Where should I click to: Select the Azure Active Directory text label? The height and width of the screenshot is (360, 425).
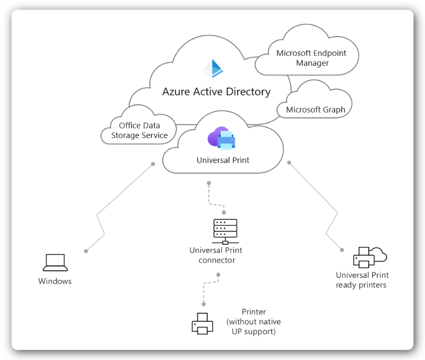pyautogui.click(x=216, y=92)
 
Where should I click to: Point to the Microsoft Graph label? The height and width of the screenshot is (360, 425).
pyautogui.click(x=316, y=110)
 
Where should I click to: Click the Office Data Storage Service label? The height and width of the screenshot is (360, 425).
pyautogui.click(x=139, y=131)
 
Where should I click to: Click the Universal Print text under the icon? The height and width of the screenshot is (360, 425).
pyautogui.click(x=223, y=160)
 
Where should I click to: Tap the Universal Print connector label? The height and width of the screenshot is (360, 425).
pyautogui.click(x=216, y=255)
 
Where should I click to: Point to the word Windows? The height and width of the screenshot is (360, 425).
pyautogui.click(x=55, y=281)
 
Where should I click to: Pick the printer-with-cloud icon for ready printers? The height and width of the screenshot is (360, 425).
pyautogui.click(x=369, y=257)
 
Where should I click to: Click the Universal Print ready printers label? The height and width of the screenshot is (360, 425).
pyautogui.click(x=362, y=280)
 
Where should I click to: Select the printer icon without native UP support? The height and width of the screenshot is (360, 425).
pyautogui.click(x=202, y=323)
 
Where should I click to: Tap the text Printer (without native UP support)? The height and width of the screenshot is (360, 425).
pyautogui.click(x=253, y=322)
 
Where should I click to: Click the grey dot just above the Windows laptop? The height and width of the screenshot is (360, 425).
pyautogui.click(x=86, y=250)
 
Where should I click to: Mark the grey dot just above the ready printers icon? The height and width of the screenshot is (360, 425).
pyautogui.click(x=342, y=248)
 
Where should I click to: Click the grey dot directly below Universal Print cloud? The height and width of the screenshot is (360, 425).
pyautogui.click(x=209, y=183)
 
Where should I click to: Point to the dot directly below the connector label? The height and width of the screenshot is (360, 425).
pyautogui.click(x=218, y=275)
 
